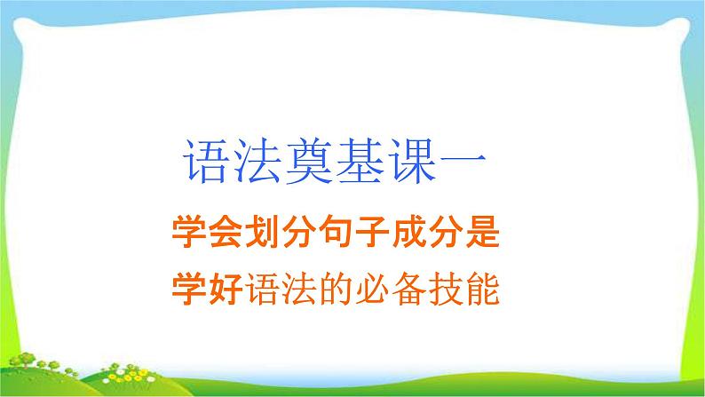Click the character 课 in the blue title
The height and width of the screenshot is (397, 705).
411,161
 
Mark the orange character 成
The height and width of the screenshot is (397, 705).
409,232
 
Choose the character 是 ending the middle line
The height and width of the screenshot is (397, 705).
483,232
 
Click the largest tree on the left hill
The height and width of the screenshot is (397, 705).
26,359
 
